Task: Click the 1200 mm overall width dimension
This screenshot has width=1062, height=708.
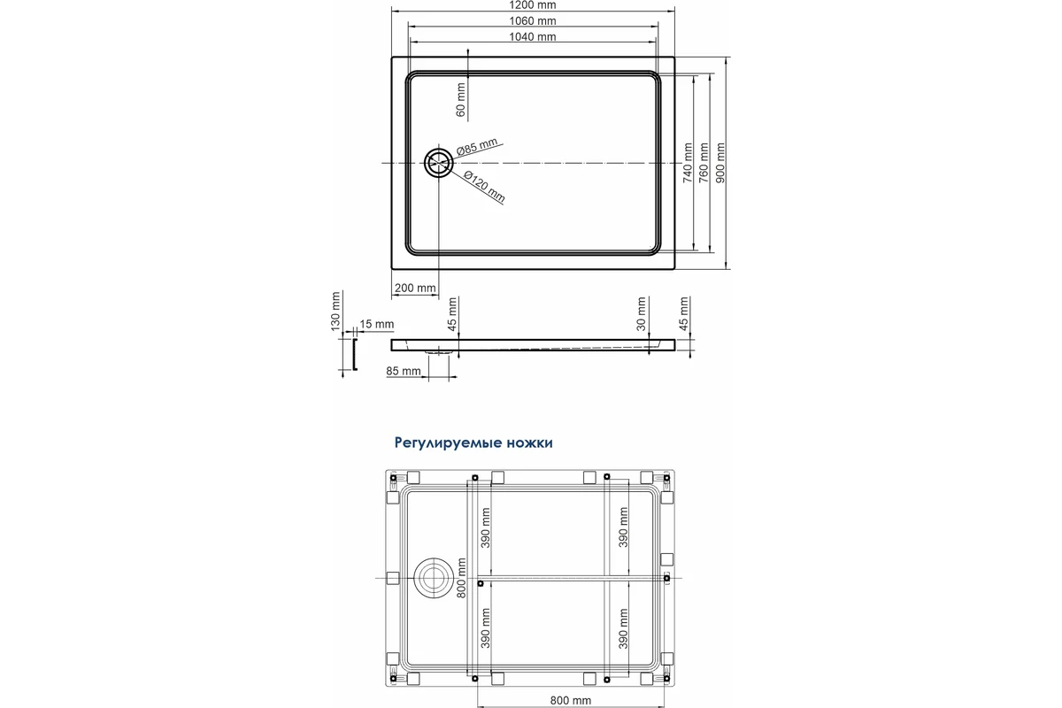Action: pos(533,5)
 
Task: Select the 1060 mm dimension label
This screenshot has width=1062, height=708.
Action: pos(533,21)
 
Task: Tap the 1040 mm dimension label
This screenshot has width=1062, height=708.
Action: pos(533,36)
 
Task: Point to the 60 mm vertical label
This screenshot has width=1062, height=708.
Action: pos(460,100)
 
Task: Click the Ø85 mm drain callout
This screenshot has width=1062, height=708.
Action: pos(477,146)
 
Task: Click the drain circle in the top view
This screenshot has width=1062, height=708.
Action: pos(439,163)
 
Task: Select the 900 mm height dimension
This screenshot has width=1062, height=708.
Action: pos(720,163)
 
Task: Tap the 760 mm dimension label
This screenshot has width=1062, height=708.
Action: pos(704,163)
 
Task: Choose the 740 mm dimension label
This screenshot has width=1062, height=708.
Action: pos(688,163)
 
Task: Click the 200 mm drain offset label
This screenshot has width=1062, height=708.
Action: pos(415,288)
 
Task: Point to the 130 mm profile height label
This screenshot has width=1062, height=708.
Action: pos(335,312)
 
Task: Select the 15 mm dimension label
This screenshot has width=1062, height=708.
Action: pos(376,324)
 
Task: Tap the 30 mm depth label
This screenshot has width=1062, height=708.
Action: pos(641,314)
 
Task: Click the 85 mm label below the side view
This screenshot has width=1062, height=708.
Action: pos(403,371)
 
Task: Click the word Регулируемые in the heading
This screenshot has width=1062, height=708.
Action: pos(448,442)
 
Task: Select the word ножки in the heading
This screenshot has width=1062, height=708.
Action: pos(529,442)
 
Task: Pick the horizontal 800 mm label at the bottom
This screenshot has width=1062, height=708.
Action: pos(570,700)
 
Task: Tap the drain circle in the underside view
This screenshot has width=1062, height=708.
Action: pos(434,578)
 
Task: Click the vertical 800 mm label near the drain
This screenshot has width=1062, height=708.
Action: pos(461,578)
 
